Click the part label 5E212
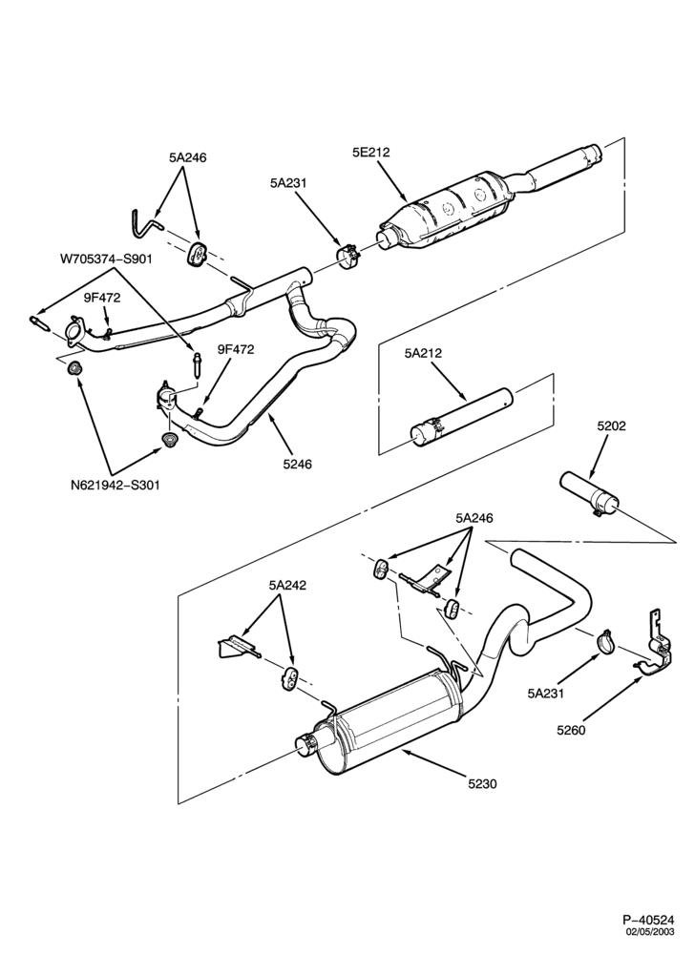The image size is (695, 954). (370, 152)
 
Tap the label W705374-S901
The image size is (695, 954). (106, 259)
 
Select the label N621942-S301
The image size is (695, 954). (115, 486)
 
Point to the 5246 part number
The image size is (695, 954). (297, 465)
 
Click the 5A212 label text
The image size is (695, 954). (423, 353)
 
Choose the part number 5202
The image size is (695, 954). (611, 425)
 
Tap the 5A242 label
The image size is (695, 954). (287, 586)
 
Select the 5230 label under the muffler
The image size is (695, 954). (483, 783)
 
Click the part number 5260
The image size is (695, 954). (571, 730)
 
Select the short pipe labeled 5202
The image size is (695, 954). (589, 494)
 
